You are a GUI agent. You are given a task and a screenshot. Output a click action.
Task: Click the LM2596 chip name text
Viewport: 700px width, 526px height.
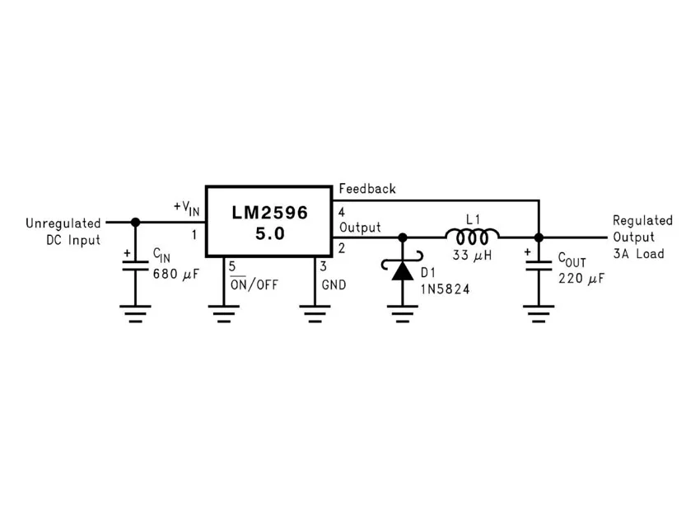[x=269, y=213]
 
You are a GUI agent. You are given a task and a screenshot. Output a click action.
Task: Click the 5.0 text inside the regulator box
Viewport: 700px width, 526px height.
[x=269, y=233]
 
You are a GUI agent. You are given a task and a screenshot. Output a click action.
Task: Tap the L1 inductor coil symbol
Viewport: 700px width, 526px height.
[x=472, y=237]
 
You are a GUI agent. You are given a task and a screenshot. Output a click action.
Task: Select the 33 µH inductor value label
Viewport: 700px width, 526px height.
[x=472, y=256]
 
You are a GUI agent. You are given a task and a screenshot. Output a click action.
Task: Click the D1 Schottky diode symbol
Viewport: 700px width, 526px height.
[x=403, y=270]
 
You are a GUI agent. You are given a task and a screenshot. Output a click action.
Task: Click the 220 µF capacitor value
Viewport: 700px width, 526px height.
[x=581, y=279]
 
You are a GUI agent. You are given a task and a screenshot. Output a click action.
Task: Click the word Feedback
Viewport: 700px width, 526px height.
[x=367, y=189]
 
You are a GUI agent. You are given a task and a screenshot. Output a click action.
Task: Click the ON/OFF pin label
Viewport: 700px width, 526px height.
[x=254, y=285]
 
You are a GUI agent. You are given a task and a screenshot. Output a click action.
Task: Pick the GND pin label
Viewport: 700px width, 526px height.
[x=334, y=285]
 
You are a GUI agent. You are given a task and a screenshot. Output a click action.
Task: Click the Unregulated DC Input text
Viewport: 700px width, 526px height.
[x=63, y=232]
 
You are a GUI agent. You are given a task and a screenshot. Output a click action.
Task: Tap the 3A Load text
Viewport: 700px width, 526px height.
[x=639, y=254]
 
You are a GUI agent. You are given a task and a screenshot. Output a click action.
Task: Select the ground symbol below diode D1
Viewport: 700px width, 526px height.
[x=403, y=313]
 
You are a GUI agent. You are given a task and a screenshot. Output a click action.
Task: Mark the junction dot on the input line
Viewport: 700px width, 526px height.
[x=136, y=222]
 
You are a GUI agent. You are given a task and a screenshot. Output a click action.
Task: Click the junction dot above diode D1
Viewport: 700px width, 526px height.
[x=403, y=237]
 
